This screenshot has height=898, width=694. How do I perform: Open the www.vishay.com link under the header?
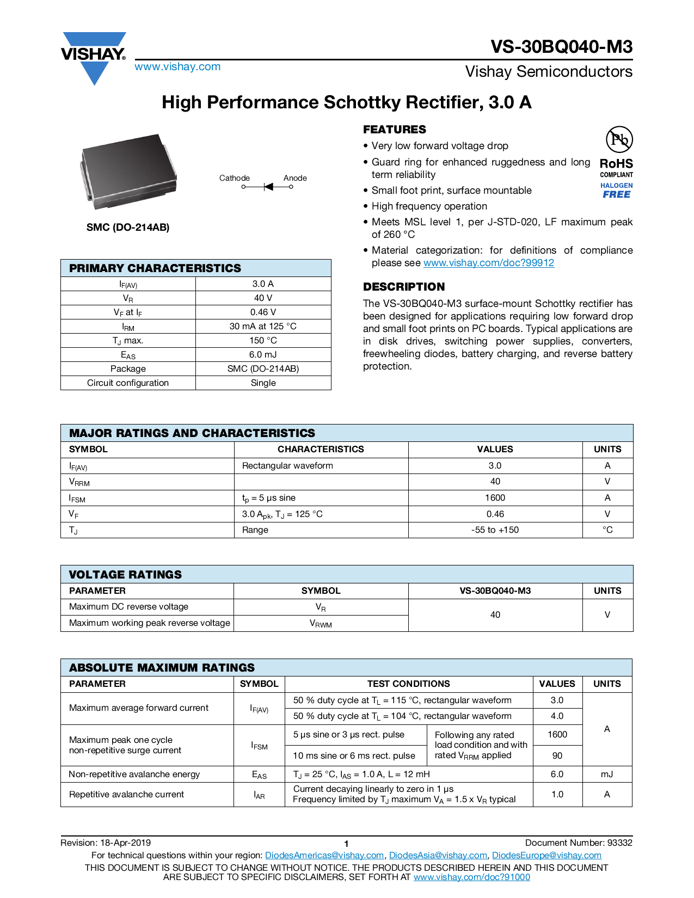pyautogui.click(x=177, y=66)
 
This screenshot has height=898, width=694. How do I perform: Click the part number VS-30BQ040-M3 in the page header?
pyautogui.click(x=561, y=47)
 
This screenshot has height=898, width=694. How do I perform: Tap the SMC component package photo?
pyautogui.click(x=128, y=171)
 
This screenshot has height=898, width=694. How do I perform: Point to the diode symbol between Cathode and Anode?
pyautogui.click(x=268, y=187)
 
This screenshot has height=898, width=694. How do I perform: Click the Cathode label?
pyautogui.click(x=234, y=178)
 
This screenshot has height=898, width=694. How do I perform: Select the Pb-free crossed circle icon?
pyautogui.click(x=619, y=139)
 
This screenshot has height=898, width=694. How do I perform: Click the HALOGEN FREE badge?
pyautogui.click(x=616, y=190)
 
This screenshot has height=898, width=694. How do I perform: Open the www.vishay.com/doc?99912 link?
pyautogui.click(x=488, y=263)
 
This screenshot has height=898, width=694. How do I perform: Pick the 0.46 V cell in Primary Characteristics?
pyautogui.click(x=263, y=312)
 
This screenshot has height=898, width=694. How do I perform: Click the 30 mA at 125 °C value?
pyautogui.click(x=263, y=326)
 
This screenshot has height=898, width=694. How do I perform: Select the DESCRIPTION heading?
pyautogui.click(x=403, y=287)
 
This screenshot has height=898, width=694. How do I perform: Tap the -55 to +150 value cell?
pyautogui.click(x=495, y=530)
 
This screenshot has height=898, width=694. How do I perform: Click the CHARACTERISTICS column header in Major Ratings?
pyautogui.click(x=321, y=449)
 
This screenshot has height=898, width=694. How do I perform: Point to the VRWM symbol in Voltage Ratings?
pyautogui.click(x=321, y=624)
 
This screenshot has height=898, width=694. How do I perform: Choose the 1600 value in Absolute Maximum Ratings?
pyautogui.click(x=557, y=735)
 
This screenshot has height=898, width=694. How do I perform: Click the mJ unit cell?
pyautogui.click(x=607, y=774)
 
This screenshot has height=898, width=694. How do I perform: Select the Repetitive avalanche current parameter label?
pyautogui.click(x=126, y=795)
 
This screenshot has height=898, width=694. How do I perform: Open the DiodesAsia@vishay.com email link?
pyautogui.click(x=438, y=856)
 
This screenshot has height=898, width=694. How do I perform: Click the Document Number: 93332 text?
pyautogui.click(x=579, y=843)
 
